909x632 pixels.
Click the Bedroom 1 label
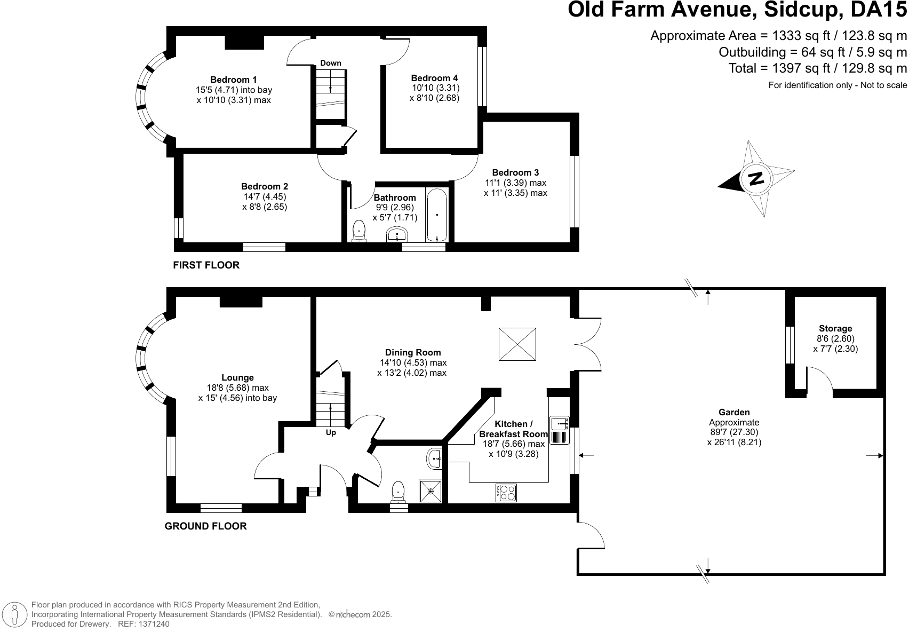(x=233, y=80)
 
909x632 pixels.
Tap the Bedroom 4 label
(x=434, y=78)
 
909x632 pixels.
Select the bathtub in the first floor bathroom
(x=437, y=215)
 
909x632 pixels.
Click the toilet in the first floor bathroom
(x=359, y=232)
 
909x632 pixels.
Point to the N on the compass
(x=756, y=179)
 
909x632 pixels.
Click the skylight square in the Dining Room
(x=517, y=344)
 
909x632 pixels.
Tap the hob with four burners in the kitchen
(x=506, y=493)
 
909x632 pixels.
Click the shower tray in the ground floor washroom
(x=430, y=491)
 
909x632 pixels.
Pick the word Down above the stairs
(x=331, y=63)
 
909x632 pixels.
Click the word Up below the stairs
(x=331, y=432)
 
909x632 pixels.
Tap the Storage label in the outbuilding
(x=835, y=329)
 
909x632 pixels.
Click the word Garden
(x=734, y=412)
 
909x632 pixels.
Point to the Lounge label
(x=237, y=378)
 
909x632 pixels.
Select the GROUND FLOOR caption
(x=206, y=526)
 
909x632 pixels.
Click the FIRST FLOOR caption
(x=206, y=265)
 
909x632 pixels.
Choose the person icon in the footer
(x=15, y=614)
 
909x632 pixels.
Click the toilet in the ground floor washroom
(x=398, y=492)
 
